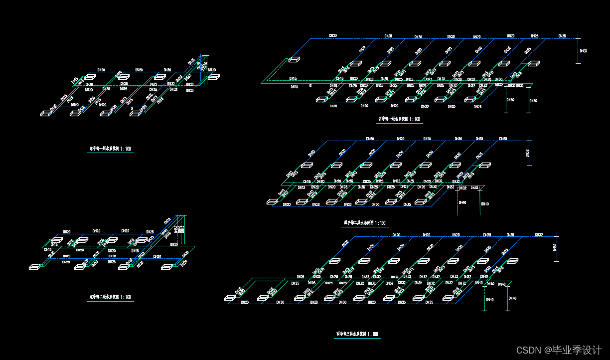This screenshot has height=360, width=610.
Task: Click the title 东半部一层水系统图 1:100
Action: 110,149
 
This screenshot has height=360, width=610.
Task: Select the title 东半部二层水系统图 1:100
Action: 110,297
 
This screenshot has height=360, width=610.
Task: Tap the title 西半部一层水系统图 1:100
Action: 399,120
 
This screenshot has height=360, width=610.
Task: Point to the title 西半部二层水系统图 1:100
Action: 365,223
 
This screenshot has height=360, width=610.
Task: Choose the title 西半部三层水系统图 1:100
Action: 356,334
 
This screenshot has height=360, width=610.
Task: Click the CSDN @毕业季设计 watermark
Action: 559,350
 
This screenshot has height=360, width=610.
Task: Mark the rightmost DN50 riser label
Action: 533,101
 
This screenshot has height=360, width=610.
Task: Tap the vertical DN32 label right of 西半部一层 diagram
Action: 584,51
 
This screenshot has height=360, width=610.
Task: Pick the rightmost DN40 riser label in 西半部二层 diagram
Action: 484,203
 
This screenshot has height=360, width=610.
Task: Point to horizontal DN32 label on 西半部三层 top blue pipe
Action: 539,235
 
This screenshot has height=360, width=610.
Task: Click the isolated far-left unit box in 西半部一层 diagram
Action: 294,60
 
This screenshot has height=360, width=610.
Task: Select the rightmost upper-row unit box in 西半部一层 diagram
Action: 534,64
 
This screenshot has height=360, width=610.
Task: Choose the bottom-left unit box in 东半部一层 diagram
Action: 46,113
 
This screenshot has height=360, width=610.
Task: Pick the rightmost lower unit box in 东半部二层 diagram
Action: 166,267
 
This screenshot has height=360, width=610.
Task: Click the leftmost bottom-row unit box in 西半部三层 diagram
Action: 230,298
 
